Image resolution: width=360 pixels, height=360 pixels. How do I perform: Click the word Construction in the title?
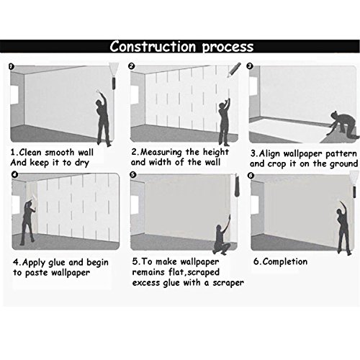click(x=153, y=46)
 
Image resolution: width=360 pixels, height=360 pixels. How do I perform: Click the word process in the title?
click(x=228, y=47)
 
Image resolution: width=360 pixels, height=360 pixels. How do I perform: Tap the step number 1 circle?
click(x=12, y=66)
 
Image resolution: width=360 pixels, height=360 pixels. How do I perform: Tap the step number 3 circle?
click(x=250, y=66)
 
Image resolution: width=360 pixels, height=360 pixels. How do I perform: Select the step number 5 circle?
click(x=132, y=175)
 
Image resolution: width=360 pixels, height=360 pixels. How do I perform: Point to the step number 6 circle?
click(x=251, y=176)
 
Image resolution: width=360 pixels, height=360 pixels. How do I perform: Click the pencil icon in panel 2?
click(x=234, y=70)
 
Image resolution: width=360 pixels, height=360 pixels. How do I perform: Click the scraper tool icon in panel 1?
click(x=114, y=76)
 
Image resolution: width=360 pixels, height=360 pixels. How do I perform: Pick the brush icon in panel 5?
click(x=237, y=185)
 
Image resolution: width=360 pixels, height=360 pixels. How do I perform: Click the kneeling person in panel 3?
click(x=343, y=126)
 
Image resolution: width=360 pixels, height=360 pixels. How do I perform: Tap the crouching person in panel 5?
click(x=222, y=236)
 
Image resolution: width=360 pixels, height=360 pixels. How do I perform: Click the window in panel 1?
click(x=14, y=95)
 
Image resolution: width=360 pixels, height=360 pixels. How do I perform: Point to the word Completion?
click(x=285, y=261)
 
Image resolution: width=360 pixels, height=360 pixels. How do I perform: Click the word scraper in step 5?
click(x=228, y=283)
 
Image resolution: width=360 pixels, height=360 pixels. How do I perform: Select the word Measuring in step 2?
click(x=161, y=152)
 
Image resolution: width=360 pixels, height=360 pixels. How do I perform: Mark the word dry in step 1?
click(x=82, y=163)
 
